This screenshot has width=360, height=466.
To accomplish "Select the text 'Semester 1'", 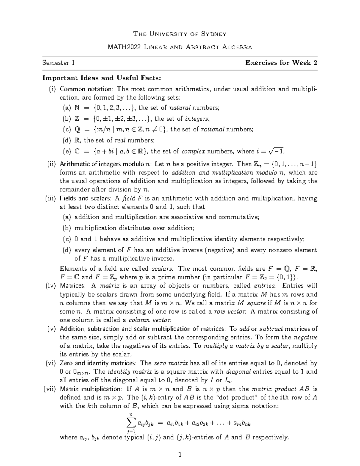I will pyautogui.click(x=58, y=63).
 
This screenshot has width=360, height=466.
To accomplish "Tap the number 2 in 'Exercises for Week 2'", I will pyautogui.click(x=315, y=63).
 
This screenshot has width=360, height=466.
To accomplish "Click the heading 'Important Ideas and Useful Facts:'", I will pyautogui.click(x=102, y=78).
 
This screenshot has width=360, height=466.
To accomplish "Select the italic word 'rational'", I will pyautogui.click(x=212, y=129).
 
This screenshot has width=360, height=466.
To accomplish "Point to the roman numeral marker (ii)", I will pyautogui.click(x=52, y=164).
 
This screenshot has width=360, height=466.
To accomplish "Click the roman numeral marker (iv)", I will pyautogui.click(x=50, y=286).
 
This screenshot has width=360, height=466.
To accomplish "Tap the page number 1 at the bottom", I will pyautogui.click(x=180, y=455).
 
